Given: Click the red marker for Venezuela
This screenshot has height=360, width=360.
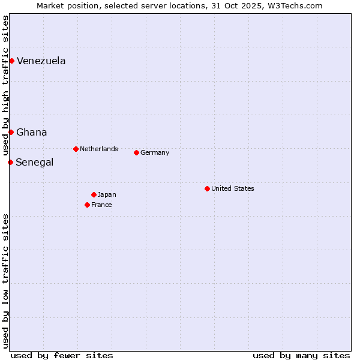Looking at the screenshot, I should pyautogui.click(x=11, y=61).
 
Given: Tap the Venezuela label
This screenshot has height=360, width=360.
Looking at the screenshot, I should pyautogui.click(x=41, y=61).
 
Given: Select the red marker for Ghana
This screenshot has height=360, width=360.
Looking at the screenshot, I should pyautogui.click(x=11, y=132).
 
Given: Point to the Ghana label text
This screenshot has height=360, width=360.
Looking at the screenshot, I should pyautogui.click(x=31, y=133).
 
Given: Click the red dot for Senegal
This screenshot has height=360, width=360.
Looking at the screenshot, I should pyautogui.click(x=10, y=162).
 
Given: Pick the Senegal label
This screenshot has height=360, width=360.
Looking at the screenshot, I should pyautogui.click(x=34, y=163).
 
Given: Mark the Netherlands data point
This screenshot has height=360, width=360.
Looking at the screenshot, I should pyautogui.click(x=76, y=149).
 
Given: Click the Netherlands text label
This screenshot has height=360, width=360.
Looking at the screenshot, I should pyautogui.click(x=98, y=149).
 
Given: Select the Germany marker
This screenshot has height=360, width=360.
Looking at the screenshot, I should pyautogui.click(x=136, y=152).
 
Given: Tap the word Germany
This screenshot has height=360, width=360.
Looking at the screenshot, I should pyautogui.click(x=155, y=152).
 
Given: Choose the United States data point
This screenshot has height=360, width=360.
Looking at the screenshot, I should pyautogui.click(x=207, y=188).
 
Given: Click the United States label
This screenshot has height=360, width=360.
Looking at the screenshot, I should pyautogui.click(x=232, y=188).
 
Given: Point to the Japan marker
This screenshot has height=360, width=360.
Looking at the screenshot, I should pyautogui.click(x=94, y=194).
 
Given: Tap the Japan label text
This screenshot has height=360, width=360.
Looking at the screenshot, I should pyautogui.click(x=107, y=194).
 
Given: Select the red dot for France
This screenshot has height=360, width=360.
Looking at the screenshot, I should pyautogui.click(x=87, y=205).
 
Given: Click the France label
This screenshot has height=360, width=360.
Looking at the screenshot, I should pyautogui.click(x=101, y=205).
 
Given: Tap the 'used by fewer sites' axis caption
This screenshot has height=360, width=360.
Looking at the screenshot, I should pyautogui.click(x=62, y=355).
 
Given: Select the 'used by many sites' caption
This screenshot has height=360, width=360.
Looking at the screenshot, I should pyautogui.click(x=301, y=355).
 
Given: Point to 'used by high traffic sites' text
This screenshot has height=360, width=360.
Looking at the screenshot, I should pyautogui.click(x=6, y=85).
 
